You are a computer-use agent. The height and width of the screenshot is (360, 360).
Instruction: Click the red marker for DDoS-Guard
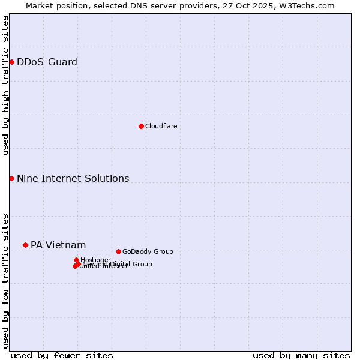click(11, 62)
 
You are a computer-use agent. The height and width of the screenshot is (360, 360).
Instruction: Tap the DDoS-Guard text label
click(47, 62)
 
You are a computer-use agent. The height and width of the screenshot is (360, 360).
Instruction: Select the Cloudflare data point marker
click(141, 126)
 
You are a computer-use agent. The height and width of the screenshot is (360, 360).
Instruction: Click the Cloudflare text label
click(161, 126)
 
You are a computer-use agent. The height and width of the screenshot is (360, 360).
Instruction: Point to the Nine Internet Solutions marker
click(11, 178)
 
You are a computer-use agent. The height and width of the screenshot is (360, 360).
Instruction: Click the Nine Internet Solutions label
click(73, 178)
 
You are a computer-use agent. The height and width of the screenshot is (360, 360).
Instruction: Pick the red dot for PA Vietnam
click(25, 245)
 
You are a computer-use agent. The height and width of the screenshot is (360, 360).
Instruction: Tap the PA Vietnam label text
click(58, 245)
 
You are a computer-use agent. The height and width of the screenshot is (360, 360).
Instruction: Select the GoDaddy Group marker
click(118, 251)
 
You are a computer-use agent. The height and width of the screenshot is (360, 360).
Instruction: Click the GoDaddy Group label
click(148, 251)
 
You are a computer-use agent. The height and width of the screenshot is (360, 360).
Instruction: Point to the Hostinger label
click(95, 260)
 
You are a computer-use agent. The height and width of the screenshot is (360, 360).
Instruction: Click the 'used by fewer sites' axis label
click(62, 355)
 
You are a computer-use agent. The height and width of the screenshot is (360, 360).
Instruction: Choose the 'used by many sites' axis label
click(301, 355)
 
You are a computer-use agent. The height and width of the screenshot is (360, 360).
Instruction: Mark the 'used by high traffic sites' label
click(5, 85)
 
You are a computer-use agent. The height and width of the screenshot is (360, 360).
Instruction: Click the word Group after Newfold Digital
click(142, 264)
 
